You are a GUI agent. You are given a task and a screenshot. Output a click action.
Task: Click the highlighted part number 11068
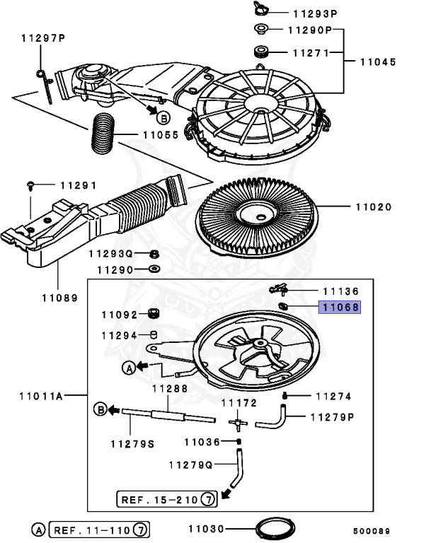(x=341, y=308)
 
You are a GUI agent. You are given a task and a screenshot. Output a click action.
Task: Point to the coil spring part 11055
(x=105, y=133)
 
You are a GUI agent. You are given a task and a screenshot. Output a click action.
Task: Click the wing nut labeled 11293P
(x=256, y=9)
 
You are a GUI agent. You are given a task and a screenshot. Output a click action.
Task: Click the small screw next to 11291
(x=30, y=185)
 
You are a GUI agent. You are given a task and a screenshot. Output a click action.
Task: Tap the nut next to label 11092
(x=151, y=314)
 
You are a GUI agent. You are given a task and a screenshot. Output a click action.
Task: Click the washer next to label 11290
(x=154, y=269)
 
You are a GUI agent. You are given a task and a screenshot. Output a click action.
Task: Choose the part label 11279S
(x=132, y=443)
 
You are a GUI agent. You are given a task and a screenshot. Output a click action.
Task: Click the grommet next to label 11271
(x=260, y=52)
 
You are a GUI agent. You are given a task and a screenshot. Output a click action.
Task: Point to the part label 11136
(x=340, y=291)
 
